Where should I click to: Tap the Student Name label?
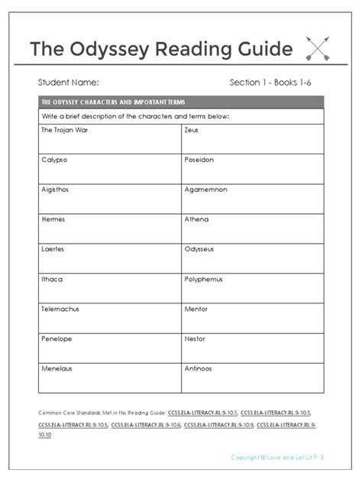coord(68,82)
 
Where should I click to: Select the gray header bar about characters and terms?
coord(180,102)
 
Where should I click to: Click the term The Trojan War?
coord(60,131)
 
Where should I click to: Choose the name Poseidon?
coord(199,160)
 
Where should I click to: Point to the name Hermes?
coord(52,219)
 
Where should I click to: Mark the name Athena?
coord(196,219)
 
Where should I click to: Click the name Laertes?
coord(52,249)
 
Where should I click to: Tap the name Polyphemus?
coord(204,279)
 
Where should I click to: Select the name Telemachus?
coord(60,309)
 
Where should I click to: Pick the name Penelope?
coord(55,339)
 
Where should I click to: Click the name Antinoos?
coord(199,368)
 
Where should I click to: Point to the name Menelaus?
coord(55,368)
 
